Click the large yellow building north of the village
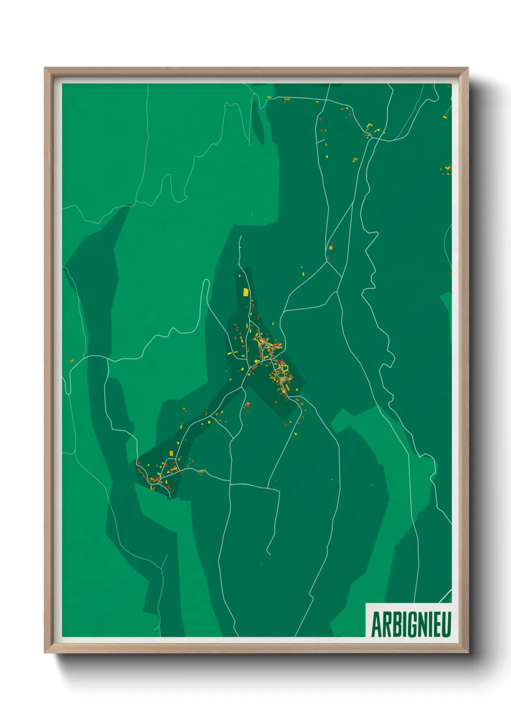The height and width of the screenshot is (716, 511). [x=245, y=292]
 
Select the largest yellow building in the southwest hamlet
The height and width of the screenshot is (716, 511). [x=171, y=453]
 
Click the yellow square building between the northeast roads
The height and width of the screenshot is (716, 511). [x=331, y=248]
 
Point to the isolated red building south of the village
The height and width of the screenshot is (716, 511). [x=333, y=479]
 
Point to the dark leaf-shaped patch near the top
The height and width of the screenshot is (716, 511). [x=258, y=121]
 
